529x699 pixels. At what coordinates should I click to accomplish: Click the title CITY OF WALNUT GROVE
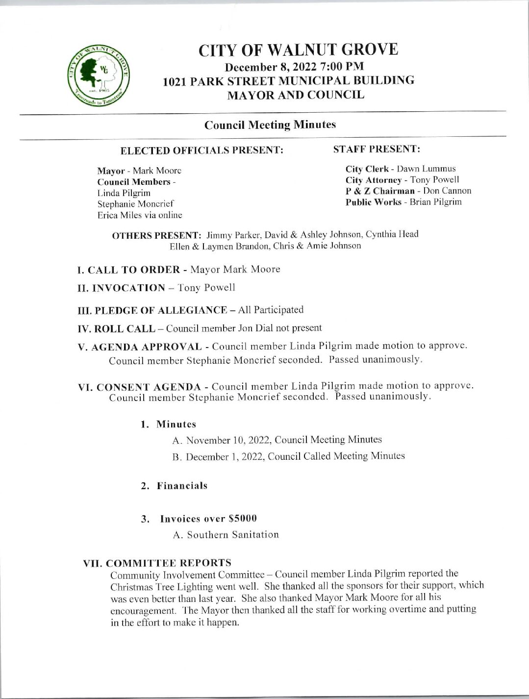298,50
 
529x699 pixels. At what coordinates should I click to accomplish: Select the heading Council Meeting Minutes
270,125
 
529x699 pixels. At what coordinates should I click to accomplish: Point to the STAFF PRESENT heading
376,148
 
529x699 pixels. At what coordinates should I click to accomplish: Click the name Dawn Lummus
426,169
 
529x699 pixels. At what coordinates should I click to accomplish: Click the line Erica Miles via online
140,215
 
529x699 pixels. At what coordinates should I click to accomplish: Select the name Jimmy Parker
228,234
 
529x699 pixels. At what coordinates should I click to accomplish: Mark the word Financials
182,486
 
